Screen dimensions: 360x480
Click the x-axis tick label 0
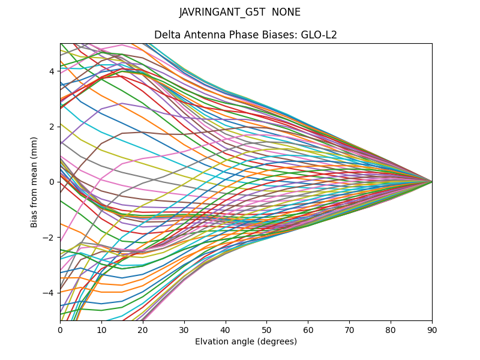pos(60,329)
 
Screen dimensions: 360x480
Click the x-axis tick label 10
pos(101,329)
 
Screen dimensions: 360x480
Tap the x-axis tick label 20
pos(143,329)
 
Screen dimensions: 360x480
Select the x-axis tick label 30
pos(184,329)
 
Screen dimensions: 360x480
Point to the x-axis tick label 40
pos(226,329)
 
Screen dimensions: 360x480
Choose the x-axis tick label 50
pos(266,329)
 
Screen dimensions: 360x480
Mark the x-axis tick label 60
pos(308,329)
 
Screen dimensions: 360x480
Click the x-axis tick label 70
pos(349,329)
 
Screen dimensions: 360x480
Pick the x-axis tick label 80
pos(391,329)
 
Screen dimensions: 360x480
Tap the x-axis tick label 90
pos(432,329)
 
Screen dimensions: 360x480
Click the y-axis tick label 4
pos(52,71)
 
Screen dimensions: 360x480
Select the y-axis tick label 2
pos(52,127)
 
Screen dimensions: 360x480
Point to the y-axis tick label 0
pos(52,182)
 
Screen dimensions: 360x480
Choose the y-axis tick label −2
pos(50,237)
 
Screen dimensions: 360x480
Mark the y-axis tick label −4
pos(50,292)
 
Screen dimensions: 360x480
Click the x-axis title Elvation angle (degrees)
pos(246,341)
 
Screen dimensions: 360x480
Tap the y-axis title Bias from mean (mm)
pos(35,182)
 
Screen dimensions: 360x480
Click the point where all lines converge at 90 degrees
pos(432,182)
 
